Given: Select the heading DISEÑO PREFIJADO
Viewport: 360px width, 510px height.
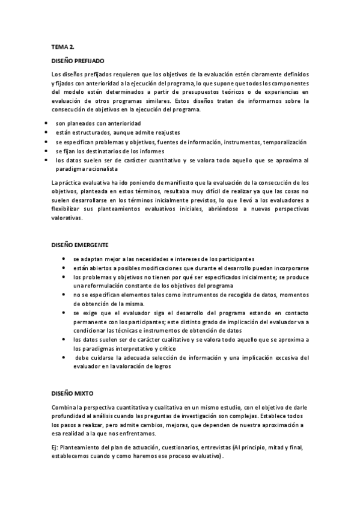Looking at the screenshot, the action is (78, 61).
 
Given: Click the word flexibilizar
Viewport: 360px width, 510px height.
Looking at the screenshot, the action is (69, 209).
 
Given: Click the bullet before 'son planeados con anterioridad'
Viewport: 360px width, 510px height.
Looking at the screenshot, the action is (46, 123).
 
